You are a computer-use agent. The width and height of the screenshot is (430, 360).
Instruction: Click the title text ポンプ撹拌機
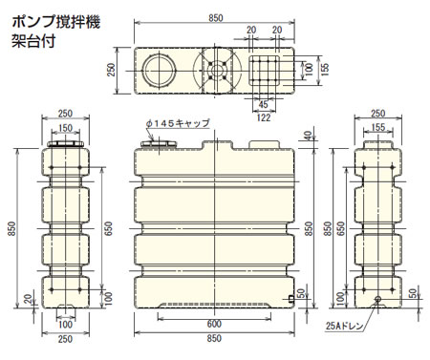point(56,22)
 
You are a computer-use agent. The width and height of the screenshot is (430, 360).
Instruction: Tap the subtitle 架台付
point(33,41)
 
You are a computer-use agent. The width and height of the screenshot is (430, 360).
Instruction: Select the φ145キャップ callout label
point(178,123)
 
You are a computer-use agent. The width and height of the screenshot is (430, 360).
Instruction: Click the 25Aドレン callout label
point(344,326)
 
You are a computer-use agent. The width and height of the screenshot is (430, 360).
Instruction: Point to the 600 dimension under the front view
point(214,324)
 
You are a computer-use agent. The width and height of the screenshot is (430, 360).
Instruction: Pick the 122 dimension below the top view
point(264,117)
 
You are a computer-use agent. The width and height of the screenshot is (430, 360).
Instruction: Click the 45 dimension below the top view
point(263,104)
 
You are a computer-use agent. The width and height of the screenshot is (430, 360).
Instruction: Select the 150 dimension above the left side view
point(65,128)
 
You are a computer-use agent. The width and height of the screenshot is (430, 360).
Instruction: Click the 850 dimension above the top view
point(216,18)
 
